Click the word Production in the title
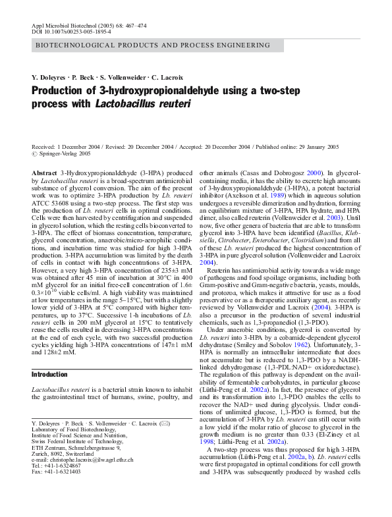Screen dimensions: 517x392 point(61,91)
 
